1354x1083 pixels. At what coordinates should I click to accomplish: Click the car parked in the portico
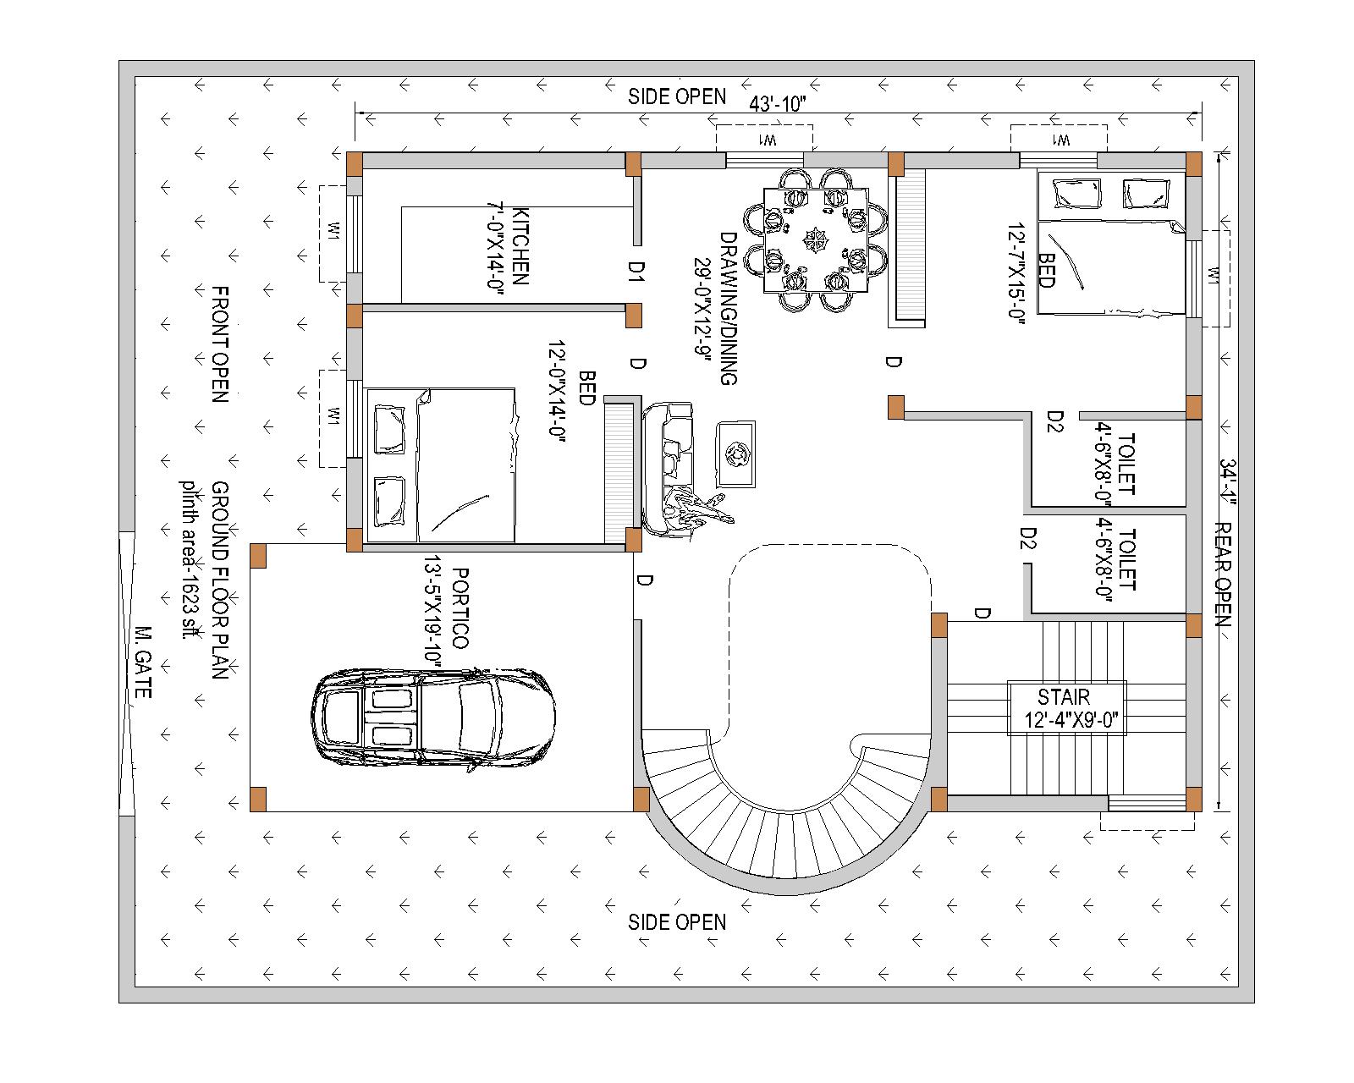(433, 719)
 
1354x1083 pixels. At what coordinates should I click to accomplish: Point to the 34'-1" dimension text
(1228, 478)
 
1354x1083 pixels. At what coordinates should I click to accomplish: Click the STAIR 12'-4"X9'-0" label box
(1066, 709)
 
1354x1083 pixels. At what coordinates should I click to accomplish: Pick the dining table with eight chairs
(815, 239)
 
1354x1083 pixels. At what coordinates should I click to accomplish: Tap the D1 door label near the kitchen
(636, 271)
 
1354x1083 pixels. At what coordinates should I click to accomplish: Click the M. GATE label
(142, 662)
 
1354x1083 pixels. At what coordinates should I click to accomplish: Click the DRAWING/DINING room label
(715, 309)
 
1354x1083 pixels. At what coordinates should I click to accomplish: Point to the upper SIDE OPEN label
(676, 96)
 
